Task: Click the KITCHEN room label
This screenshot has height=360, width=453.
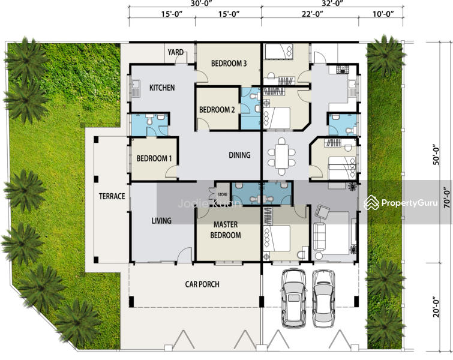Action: (x=162, y=88)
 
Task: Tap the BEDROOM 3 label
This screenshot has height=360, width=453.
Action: (x=229, y=64)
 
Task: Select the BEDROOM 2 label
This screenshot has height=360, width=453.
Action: (x=217, y=110)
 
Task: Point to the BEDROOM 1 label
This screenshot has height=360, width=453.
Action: (x=154, y=159)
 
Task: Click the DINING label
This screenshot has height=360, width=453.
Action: (x=239, y=155)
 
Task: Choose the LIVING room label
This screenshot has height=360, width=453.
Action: (x=161, y=221)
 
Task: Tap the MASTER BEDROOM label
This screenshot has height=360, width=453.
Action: (x=226, y=230)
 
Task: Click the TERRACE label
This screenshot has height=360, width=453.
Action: (x=112, y=196)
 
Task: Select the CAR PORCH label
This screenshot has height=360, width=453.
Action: (x=202, y=284)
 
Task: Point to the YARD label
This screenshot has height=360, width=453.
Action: (x=176, y=52)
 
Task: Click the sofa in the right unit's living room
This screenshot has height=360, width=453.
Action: (x=320, y=237)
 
